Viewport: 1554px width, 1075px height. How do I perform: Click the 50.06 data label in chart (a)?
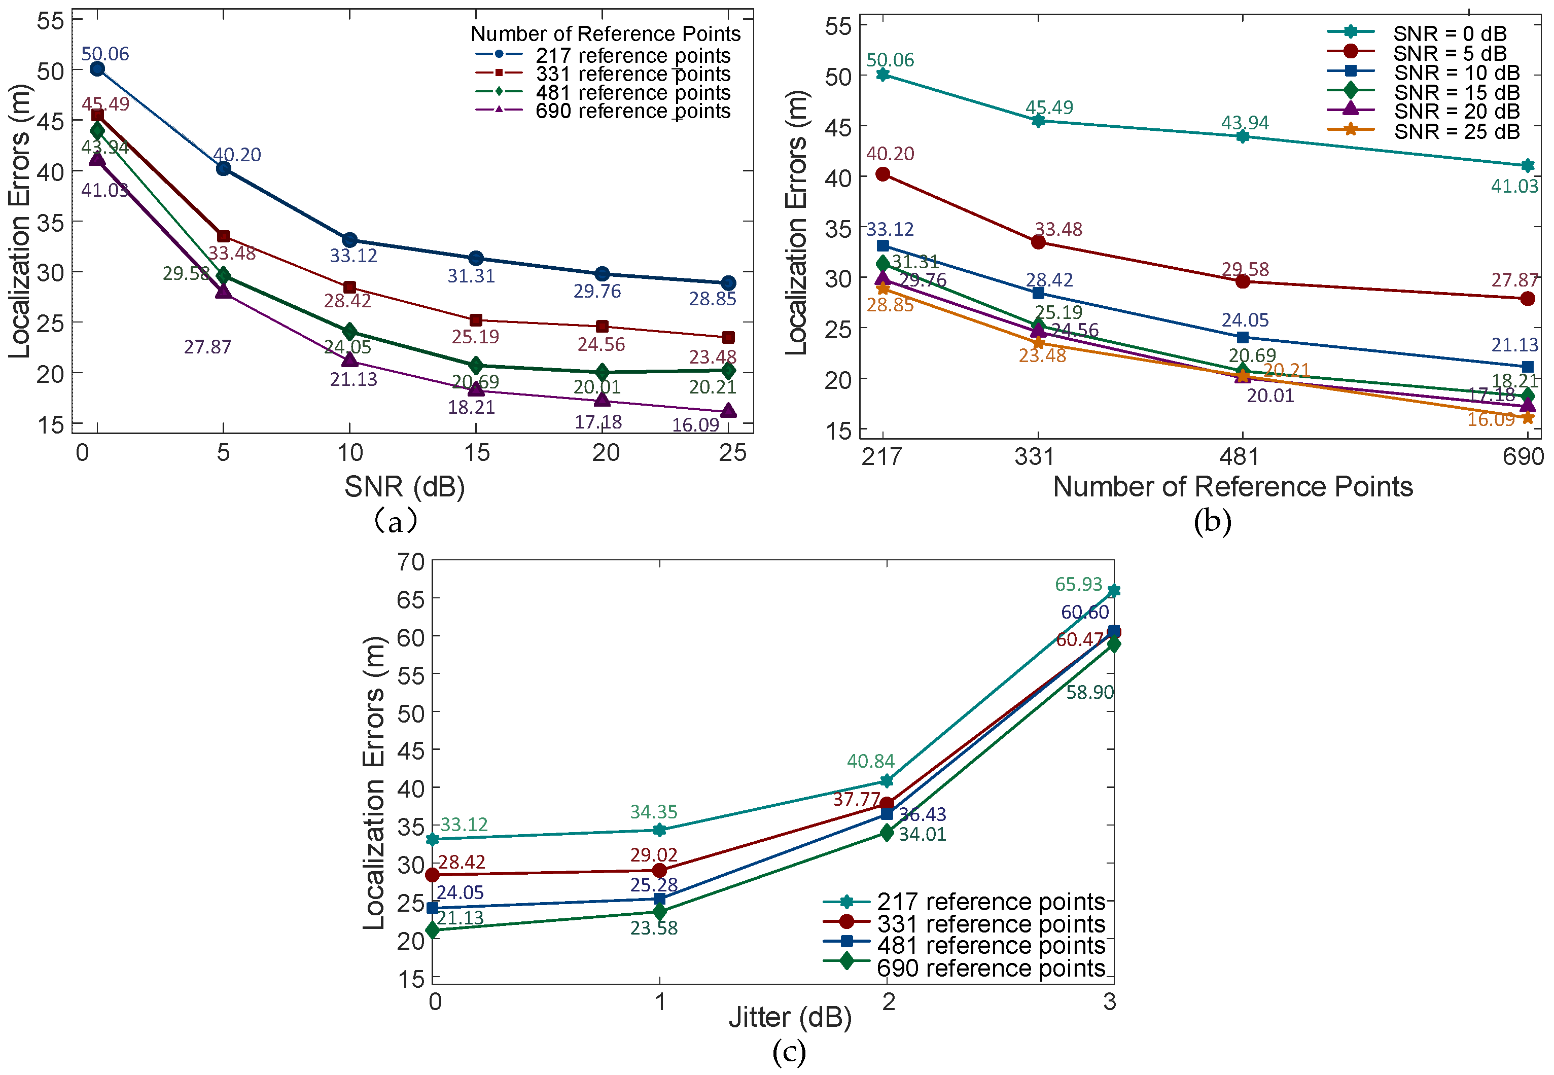tap(105, 54)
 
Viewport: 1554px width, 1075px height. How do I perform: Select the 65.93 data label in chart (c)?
tap(1078, 584)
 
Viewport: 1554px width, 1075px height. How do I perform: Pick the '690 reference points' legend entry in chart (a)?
tap(632, 111)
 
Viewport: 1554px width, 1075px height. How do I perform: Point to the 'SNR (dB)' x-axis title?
tap(405, 486)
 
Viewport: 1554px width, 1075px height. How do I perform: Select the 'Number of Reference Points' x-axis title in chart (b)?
tap(1232, 486)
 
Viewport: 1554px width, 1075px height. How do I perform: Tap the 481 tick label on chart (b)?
tap(1239, 457)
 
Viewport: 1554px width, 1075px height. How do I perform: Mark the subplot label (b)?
tap(1213, 521)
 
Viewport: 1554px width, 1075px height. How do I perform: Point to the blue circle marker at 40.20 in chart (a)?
tap(224, 168)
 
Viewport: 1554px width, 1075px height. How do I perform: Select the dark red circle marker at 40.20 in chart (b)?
tap(882, 174)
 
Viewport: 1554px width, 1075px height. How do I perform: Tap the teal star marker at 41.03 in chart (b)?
tap(1528, 166)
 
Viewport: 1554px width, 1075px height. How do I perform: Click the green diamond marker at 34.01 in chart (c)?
tap(887, 833)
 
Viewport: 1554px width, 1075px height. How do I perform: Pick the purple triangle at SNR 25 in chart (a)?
tap(728, 411)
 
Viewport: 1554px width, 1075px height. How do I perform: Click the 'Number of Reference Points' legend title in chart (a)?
tap(606, 33)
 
